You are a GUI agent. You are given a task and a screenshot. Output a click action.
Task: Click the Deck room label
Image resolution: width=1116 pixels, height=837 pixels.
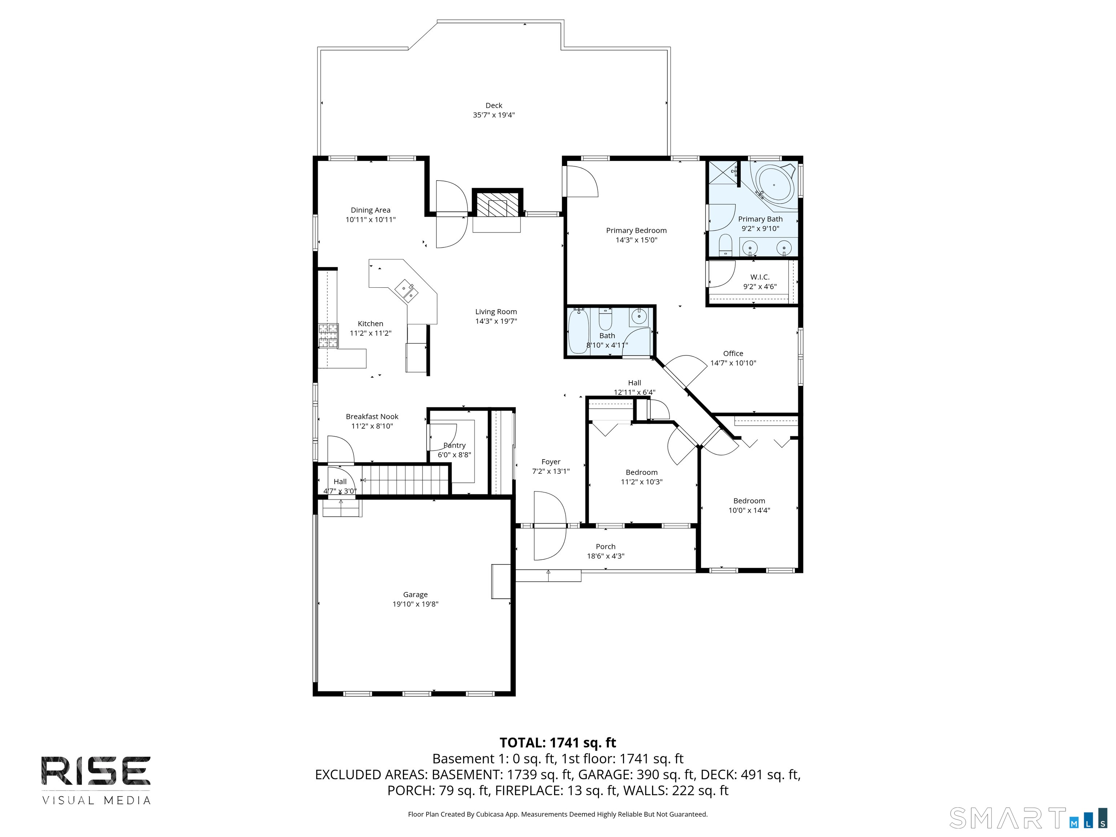click(494, 105)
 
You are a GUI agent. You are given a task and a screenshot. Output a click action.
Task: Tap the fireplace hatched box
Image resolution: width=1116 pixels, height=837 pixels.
click(497, 204)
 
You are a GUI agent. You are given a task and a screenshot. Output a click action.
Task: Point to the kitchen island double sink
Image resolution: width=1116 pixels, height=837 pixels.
click(407, 291)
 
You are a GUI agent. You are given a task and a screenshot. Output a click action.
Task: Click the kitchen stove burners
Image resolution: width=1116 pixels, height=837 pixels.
click(328, 336)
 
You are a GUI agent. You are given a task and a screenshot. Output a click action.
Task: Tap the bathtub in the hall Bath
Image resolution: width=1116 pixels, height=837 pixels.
click(579, 331)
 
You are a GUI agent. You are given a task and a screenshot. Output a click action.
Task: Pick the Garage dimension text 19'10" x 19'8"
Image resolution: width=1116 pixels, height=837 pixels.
click(415, 604)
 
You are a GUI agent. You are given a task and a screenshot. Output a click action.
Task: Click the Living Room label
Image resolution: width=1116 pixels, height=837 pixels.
click(496, 312)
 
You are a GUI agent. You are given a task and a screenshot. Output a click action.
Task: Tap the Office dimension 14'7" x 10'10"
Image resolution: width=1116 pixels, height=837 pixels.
click(733, 363)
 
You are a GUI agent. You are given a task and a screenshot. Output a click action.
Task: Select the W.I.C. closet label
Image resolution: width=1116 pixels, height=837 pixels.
click(760, 277)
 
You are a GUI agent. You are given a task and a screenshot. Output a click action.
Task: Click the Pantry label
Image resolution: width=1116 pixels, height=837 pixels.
click(454, 445)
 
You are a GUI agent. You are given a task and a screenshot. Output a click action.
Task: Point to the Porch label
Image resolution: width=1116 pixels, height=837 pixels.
click(606, 546)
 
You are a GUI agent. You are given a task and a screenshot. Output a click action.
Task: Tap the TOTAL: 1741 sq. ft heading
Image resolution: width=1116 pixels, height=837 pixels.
click(558, 743)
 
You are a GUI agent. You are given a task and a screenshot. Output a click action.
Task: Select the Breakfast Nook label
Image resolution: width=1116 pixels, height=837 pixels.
click(372, 417)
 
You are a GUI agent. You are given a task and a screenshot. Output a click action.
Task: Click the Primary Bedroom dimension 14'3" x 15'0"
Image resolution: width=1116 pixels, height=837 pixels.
click(636, 240)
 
